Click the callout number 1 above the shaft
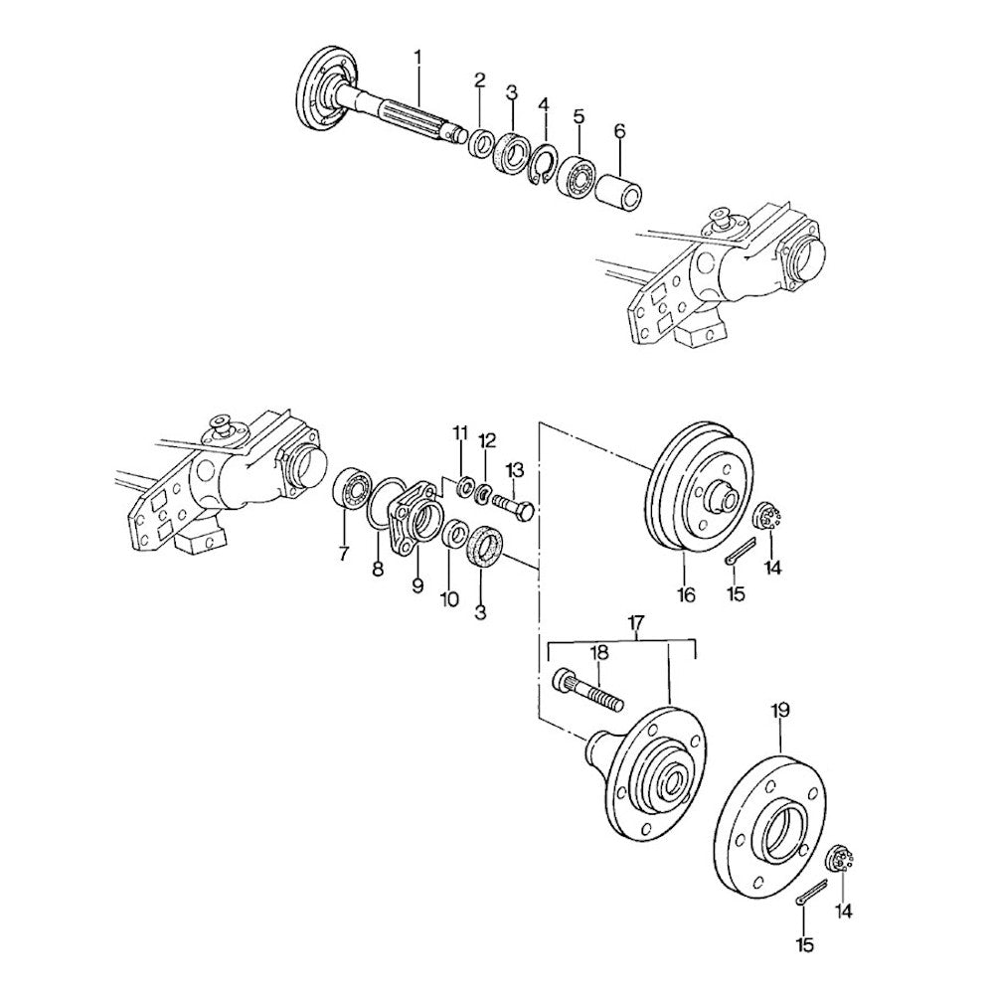pyautogui.click(x=417, y=58)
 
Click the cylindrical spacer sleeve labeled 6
pyautogui.click(x=618, y=191)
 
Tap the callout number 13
pyautogui.click(x=515, y=470)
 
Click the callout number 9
pyautogui.click(x=417, y=586)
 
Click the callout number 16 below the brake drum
pyautogui.click(x=686, y=594)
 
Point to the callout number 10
pyautogui.click(x=449, y=598)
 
